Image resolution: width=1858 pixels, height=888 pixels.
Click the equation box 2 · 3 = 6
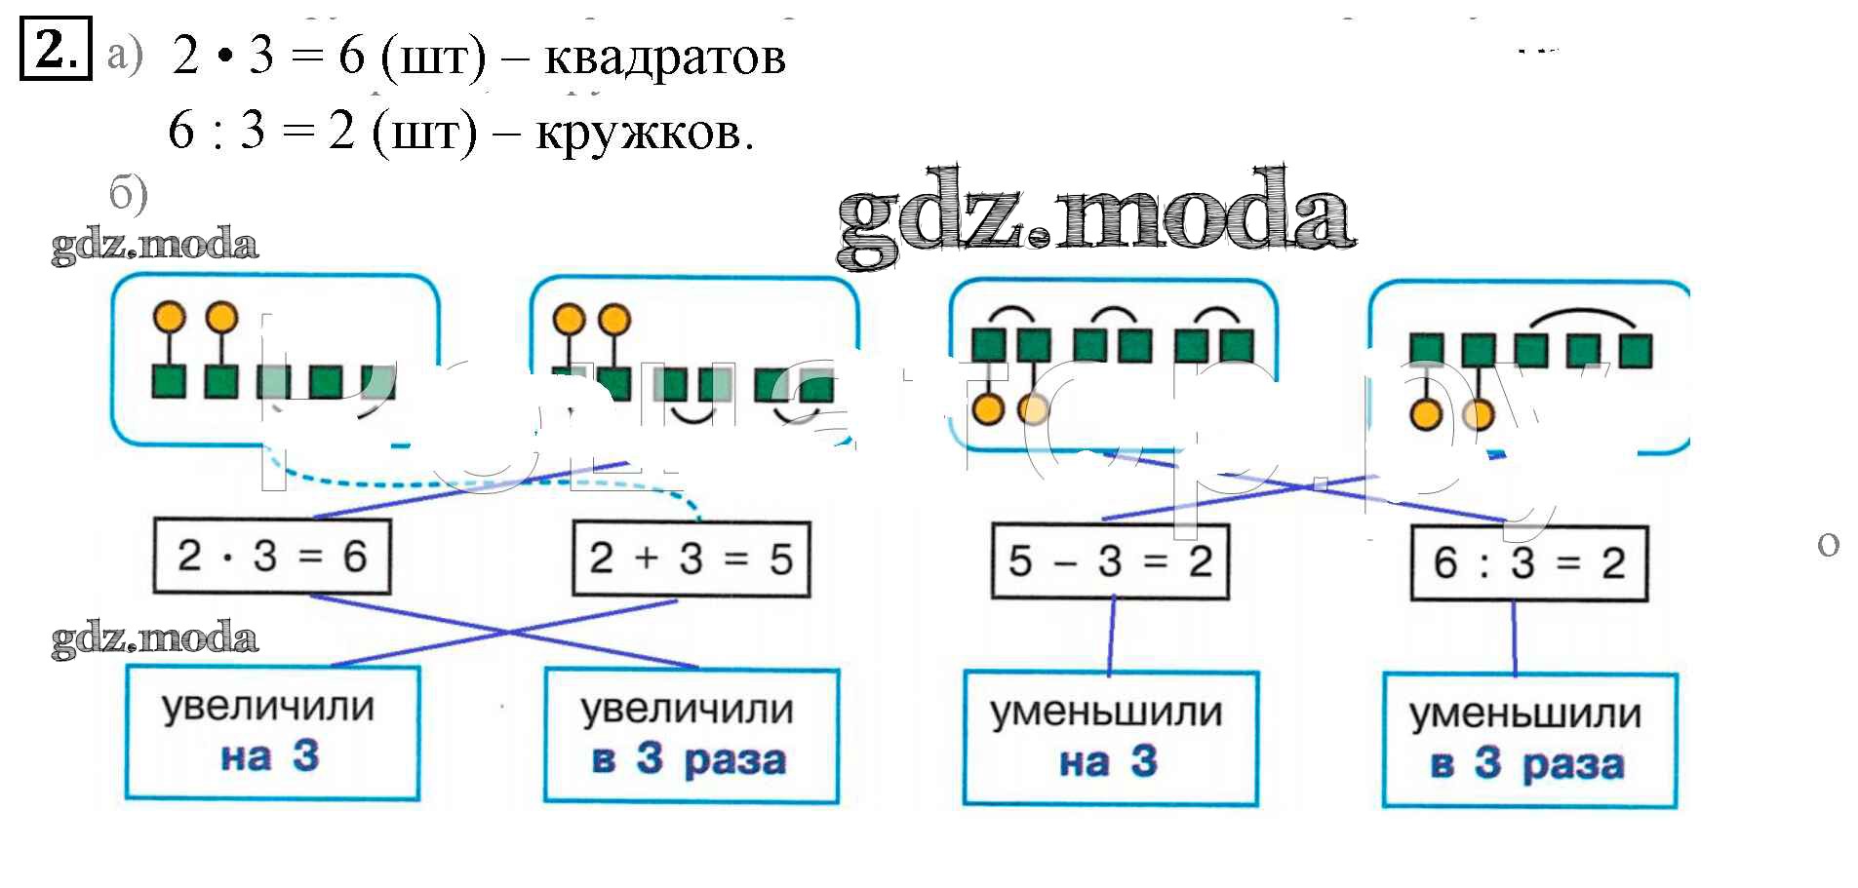click(272, 557)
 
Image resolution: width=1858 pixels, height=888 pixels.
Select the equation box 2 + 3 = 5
click(691, 560)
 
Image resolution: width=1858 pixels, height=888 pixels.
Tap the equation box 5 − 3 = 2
click(1110, 561)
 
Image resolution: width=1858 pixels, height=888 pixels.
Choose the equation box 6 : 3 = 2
click(1529, 563)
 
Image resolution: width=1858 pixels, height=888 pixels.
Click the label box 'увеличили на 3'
click(272, 733)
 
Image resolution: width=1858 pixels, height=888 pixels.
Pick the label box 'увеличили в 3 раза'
click(691, 736)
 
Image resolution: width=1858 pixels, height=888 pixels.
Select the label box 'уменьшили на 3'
click(1110, 739)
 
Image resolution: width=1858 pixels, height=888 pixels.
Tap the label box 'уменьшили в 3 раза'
click(1529, 741)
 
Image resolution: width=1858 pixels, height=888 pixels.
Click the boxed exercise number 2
click(56, 49)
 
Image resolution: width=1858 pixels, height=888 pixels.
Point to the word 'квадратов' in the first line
click(664, 57)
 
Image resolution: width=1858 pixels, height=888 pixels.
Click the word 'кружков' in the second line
click(644, 133)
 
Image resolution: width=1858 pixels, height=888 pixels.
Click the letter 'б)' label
click(128, 193)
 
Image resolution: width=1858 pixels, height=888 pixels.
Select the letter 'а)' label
click(125, 55)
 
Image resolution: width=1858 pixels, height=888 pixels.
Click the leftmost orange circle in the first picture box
click(170, 317)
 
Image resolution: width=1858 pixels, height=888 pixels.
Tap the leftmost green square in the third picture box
click(989, 344)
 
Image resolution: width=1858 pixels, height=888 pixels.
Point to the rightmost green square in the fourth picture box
click(1636, 350)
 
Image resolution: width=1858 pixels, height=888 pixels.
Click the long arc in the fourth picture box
click(1582, 318)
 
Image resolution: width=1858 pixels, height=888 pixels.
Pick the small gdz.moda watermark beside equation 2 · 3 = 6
click(154, 637)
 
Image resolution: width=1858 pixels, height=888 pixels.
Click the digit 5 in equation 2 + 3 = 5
click(780, 560)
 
